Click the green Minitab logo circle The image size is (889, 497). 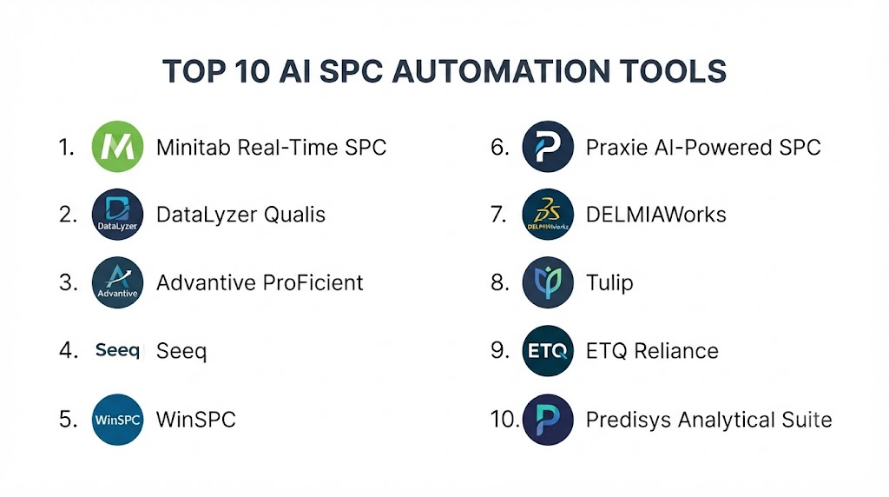[117, 146]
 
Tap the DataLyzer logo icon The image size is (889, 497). [117, 215]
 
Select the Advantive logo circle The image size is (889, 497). [117, 282]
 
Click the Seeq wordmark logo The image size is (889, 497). [117, 350]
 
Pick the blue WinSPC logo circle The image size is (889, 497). [117, 420]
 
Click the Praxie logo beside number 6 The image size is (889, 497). [548, 146]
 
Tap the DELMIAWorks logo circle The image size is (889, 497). [548, 215]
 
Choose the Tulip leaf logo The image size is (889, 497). [548, 282]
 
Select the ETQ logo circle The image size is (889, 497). [548, 351]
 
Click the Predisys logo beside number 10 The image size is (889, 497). [548, 420]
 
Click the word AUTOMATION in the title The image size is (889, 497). [501, 71]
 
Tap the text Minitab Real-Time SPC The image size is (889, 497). [271, 148]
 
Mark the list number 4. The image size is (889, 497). [68, 350]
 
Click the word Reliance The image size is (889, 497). [675, 351]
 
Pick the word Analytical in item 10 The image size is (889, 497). [727, 420]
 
